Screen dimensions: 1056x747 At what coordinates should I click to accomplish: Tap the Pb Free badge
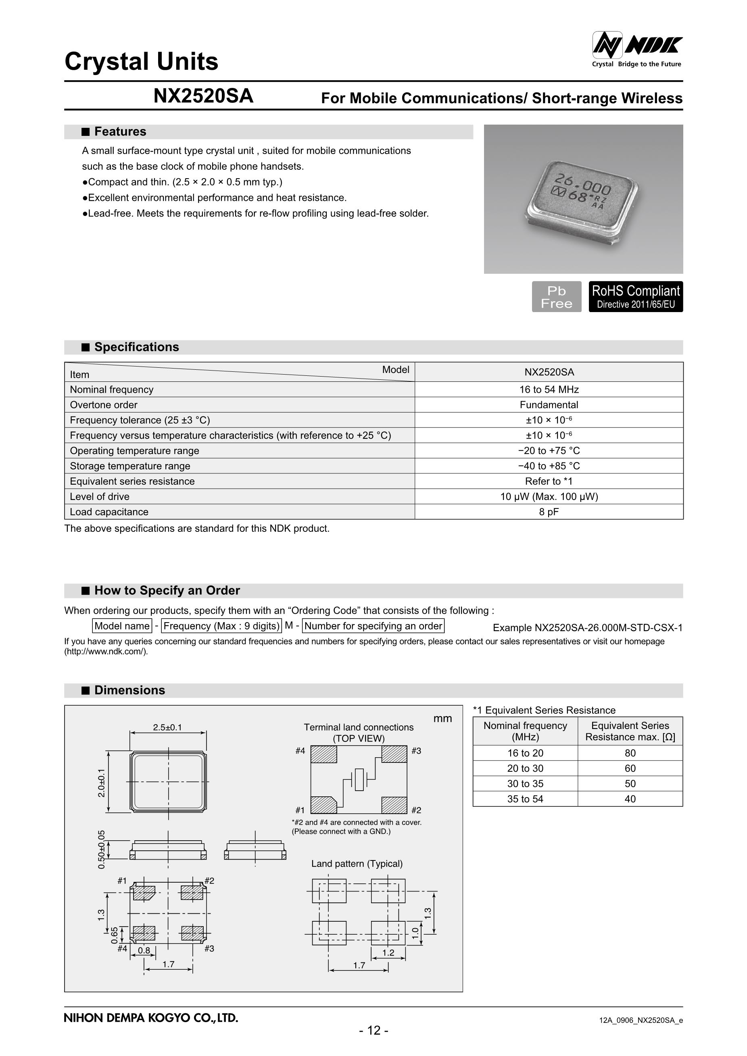point(556,297)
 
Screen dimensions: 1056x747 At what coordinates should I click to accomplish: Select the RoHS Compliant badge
point(635,297)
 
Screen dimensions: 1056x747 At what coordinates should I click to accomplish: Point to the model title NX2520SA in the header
point(203,96)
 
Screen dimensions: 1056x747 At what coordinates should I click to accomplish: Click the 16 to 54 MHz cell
point(549,389)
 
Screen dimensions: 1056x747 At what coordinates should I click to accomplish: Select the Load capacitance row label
point(109,512)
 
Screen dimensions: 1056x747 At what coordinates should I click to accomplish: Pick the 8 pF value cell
point(549,512)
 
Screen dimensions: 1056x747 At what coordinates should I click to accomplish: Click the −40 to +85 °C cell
point(549,466)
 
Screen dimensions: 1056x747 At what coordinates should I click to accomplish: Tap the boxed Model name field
point(122,626)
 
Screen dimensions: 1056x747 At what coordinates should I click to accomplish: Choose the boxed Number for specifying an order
point(373,626)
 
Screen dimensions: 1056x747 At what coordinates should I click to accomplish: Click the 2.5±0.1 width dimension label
point(167,727)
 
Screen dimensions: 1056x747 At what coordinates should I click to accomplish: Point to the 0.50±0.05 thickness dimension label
point(102,850)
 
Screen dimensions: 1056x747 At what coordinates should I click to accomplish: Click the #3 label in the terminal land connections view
point(416,751)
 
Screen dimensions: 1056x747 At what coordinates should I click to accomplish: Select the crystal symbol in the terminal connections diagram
point(359,779)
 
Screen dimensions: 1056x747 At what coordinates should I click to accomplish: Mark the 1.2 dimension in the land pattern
point(388,952)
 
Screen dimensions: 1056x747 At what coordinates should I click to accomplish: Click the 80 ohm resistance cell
point(630,753)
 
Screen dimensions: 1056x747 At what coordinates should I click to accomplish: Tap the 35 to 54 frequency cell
point(525,799)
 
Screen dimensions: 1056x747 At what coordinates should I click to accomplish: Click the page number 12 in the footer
point(373,1030)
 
